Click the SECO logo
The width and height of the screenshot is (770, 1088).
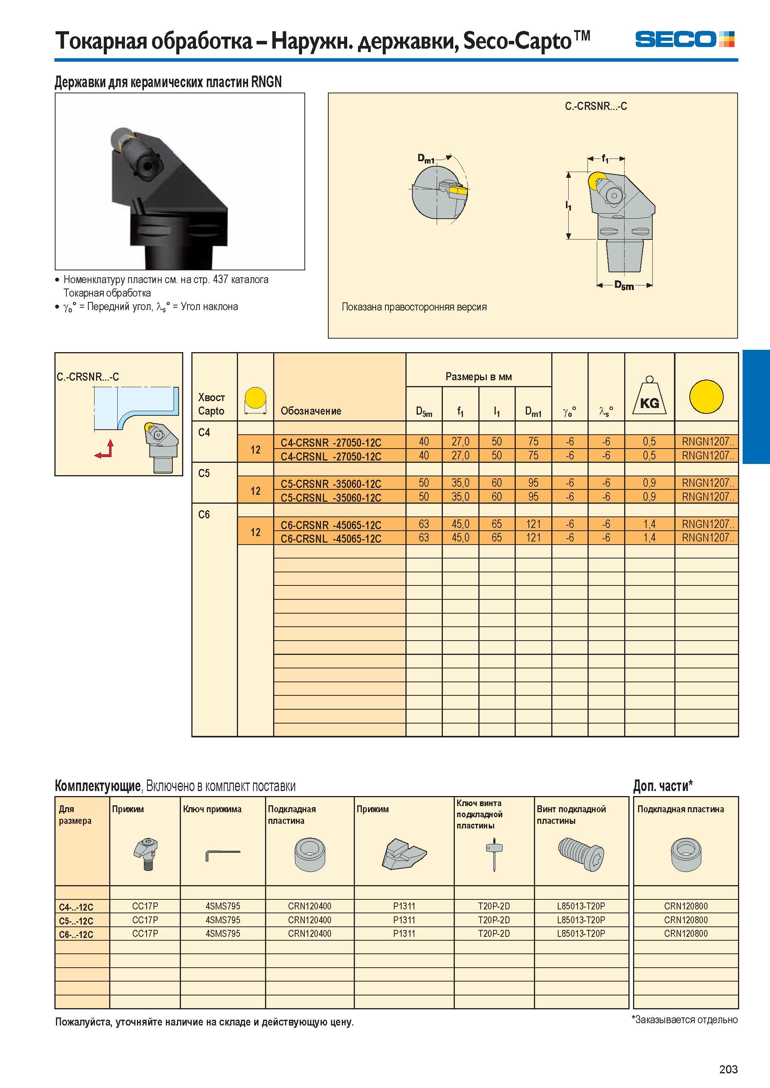[x=684, y=39]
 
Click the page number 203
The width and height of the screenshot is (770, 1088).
[x=728, y=1069]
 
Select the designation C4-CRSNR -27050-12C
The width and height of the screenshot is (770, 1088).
[x=331, y=443]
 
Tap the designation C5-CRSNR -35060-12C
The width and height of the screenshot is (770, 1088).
[x=331, y=484]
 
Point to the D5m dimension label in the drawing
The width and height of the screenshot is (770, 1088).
[x=624, y=285]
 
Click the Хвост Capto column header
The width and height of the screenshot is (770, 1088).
[x=211, y=405]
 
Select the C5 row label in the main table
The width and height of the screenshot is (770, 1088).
[x=204, y=473]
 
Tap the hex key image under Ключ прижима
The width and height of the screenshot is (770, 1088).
[x=222, y=855]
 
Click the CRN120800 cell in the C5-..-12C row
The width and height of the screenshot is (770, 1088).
[x=686, y=920]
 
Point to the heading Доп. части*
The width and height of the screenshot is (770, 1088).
[x=663, y=786]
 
